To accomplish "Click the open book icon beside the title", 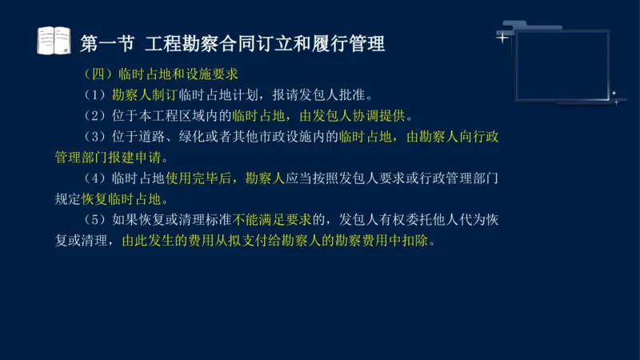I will (x=54, y=40).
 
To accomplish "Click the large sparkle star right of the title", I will (x=502, y=37).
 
